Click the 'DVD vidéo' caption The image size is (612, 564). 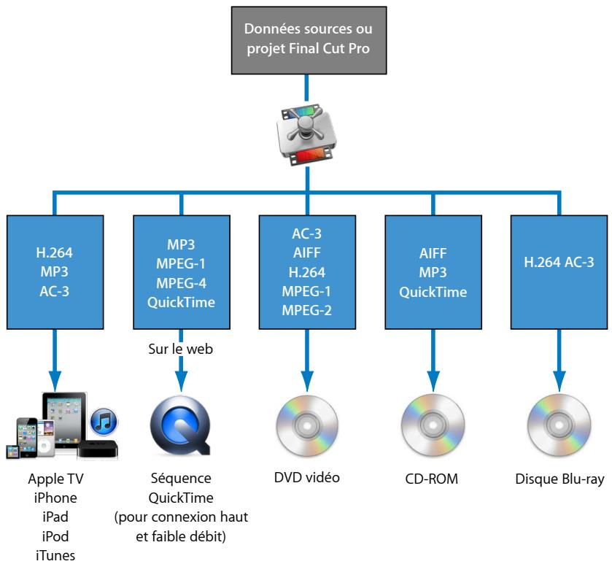(x=306, y=479)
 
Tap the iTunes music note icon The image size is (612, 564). (x=105, y=422)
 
